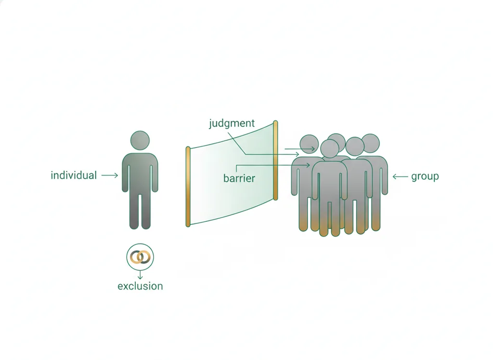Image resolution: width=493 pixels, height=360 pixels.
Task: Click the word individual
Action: pyautogui.click(x=74, y=175)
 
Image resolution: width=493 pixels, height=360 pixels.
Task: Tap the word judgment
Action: pyautogui.click(x=232, y=123)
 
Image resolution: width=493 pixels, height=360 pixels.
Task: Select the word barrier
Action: pyautogui.click(x=239, y=178)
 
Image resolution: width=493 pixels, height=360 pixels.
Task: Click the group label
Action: pyautogui.click(x=425, y=176)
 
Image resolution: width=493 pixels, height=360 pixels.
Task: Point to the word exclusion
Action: pyautogui.click(x=140, y=286)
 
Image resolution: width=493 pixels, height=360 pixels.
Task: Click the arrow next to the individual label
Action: pyautogui.click(x=110, y=175)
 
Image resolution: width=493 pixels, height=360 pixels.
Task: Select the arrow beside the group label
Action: pyautogui.click(x=400, y=176)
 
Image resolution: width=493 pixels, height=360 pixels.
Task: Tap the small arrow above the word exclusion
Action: pyautogui.click(x=140, y=274)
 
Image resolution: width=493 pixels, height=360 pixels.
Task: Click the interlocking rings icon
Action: pyautogui.click(x=140, y=257)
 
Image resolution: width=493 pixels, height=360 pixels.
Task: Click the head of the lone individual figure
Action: pyautogui.click(x=140, y=140)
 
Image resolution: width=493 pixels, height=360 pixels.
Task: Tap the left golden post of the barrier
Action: pyautogui.click(x=188, y=187)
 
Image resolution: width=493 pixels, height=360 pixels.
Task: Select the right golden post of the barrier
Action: pyautogui.click(x=275, y=160)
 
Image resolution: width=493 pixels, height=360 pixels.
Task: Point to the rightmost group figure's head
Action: pyautogui.click(x=370, y=144)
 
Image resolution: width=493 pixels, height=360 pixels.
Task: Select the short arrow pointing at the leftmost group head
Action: pyautogui.click(x=299, y=149)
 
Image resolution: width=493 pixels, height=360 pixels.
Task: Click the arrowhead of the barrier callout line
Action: pyautogui.click(x=309, y=165)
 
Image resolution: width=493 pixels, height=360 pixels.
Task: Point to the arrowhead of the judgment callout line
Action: pyautogui.click(x=297, y=155)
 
